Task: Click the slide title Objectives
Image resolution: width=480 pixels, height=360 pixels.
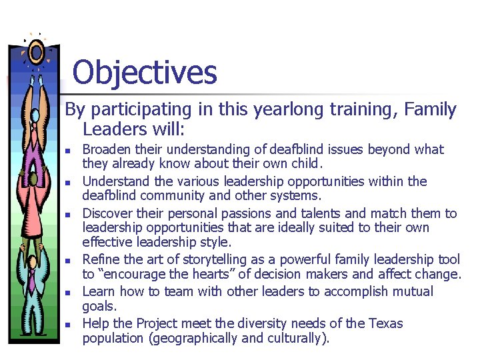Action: [x=145, y=72]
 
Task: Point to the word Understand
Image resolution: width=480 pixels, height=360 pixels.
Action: [x=112, y=181]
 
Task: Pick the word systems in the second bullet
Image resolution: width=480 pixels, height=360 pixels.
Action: [x=297, y=196]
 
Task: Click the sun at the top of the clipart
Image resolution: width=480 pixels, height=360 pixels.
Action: [x=36, y=51]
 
